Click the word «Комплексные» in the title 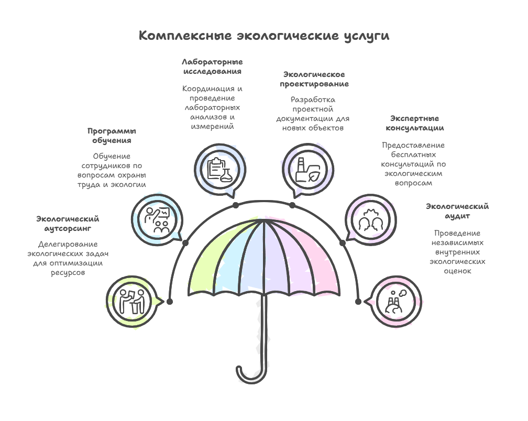pyautogui.click(x=185, y=35)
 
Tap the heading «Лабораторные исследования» pyautogui.click(x=212, y=67)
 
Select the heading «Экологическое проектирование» pyautogui.click(x=314, y=79)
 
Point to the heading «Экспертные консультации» pyautogui.click(x=414, y=123)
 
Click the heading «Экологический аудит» pyautogui.click(x=457, y=211)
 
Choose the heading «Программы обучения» pyautogui.click(x=112, y=136)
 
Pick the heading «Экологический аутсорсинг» pyautogui.click(x=68, y=224)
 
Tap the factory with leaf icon pyautogui.click(x=307, y=170)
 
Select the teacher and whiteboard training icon pyautogui.click(x=157, y=220)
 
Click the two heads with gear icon pyautogui.click(x=371, y=220)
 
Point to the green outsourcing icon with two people pyautogui.click(x=132, y=302)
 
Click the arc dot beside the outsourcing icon pyautogui.click(x=170, y=301)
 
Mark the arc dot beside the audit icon pyautogui.click(x=358, y=301)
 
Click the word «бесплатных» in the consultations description pyautogui.click(x=413, y=155)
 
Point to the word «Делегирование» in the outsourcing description pyautogui.click(x=68, y=245)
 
